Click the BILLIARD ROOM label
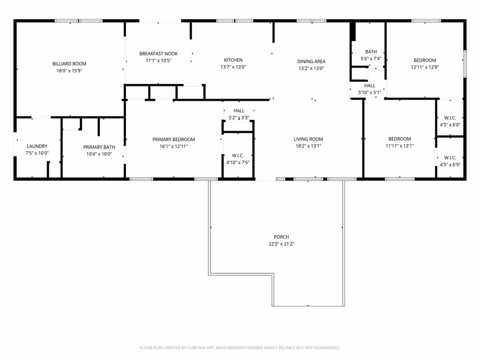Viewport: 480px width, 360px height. point(69,64)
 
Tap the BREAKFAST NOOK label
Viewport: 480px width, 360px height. point(158,54)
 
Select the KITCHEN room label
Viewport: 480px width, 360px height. point(233,60)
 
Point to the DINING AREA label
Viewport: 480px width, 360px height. point(311,61)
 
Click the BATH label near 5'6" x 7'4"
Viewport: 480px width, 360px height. point(371,52)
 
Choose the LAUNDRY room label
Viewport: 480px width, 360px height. point(37,146)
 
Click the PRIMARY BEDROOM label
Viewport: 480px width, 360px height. point(173,139)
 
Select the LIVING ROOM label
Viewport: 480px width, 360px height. point(308,139)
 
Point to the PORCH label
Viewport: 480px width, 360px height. point(281,237)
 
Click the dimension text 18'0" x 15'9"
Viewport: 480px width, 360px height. point(69,71)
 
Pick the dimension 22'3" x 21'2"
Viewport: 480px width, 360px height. point(281,244)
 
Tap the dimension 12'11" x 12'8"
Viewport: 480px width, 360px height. point(425,67)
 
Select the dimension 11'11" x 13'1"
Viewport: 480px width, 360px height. point(399,146)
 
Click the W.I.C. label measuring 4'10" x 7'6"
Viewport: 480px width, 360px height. point(238,155)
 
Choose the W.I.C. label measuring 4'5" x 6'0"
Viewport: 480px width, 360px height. point(450,118)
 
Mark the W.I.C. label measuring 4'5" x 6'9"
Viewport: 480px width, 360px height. point(450,158)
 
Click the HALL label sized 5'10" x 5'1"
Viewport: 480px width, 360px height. point(370,86)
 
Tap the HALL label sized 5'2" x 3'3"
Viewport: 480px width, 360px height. point(239,111)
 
